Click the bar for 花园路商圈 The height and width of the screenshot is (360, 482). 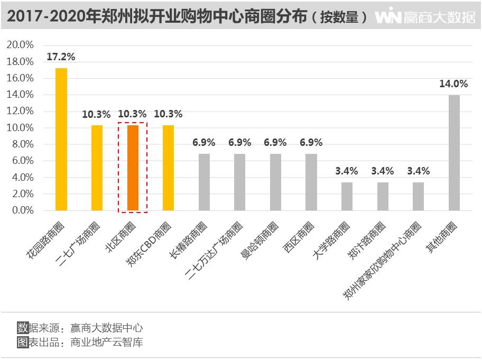coord(61,139)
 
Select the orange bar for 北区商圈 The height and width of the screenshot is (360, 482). coord(133,168)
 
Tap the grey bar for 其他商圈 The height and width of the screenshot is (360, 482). coord(453,152)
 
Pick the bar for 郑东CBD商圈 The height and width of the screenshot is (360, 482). coord(168,168)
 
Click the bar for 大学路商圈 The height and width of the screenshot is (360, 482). coord(347,196)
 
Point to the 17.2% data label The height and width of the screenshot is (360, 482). coord(61,57)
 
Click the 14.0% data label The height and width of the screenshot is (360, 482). coord(453,84)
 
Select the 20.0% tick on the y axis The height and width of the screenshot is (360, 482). coord(20,45)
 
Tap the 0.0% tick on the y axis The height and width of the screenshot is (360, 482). coord(22,210)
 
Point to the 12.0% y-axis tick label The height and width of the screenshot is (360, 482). coord(20,111)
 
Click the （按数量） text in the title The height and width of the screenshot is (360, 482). coord(339,17)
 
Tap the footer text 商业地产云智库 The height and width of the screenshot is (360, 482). coord(107,342)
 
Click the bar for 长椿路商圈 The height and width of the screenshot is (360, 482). coord(204,182)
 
